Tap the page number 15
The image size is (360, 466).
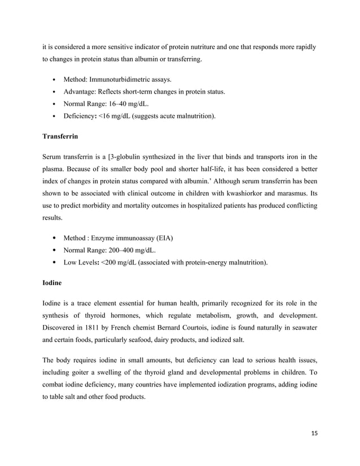click(314, 433)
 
